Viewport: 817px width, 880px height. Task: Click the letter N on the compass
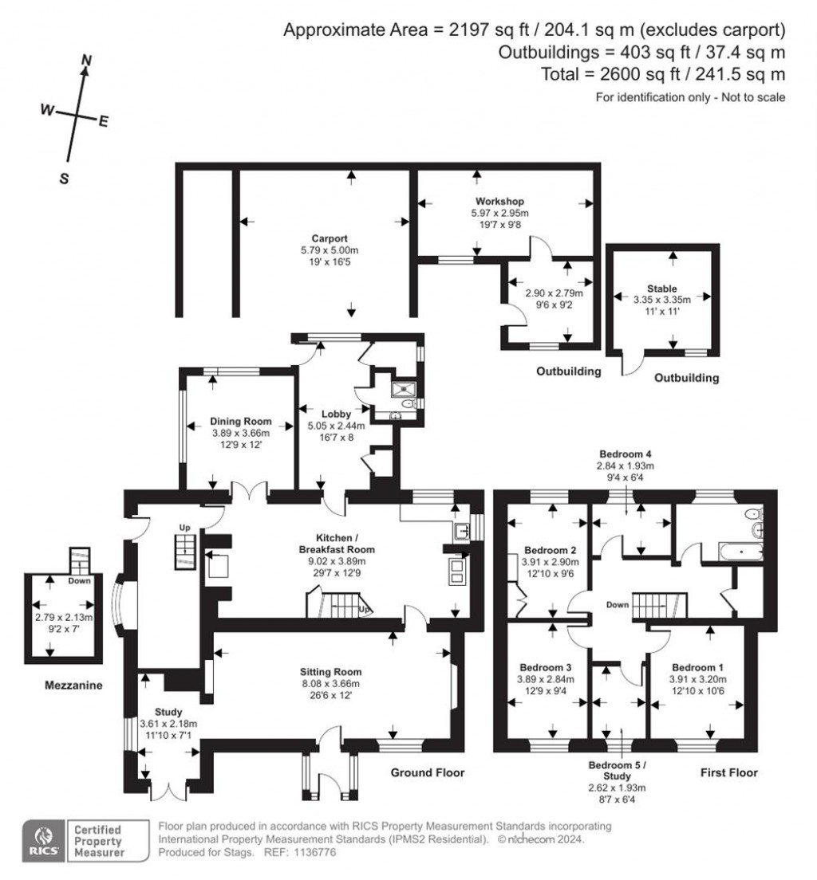pos(88,60)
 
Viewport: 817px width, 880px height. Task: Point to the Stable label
pos(662,288)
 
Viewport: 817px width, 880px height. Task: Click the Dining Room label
pos(241,421)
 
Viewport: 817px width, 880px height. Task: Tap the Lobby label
pos(336,414)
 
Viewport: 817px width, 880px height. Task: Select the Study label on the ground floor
pos(168,712)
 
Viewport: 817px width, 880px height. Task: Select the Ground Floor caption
pos(427,772)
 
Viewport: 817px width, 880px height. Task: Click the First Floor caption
pos(728,772)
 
